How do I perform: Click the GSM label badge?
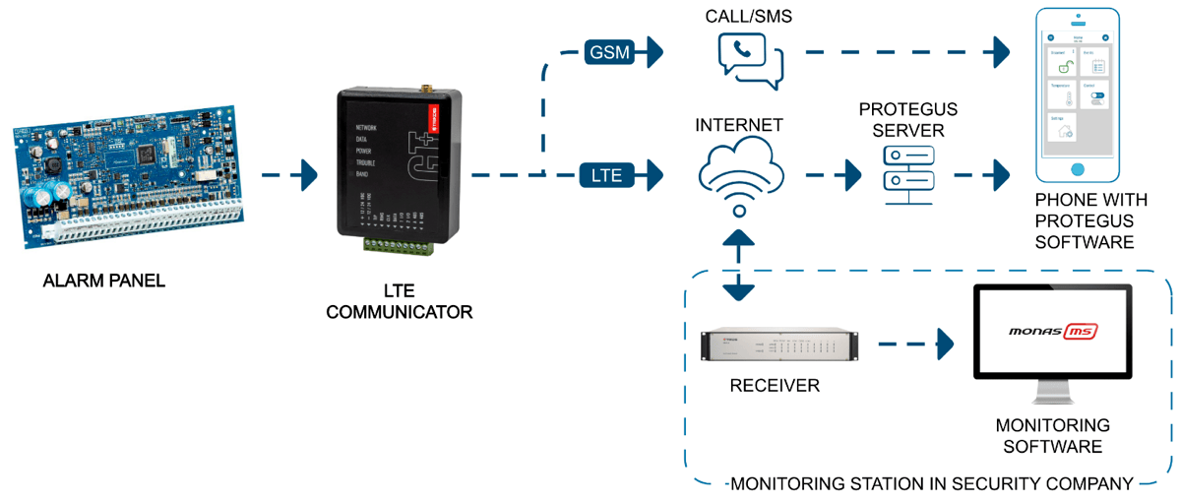tap(609, 52)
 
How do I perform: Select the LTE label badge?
tap(605, 176)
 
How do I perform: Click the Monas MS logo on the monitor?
tap(1052, 332)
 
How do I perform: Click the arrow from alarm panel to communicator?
tap(290, 176)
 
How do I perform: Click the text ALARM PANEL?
tap(104, 282)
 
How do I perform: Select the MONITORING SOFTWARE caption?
tap(1052, 436)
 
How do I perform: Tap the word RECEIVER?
tap(775, 386)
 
